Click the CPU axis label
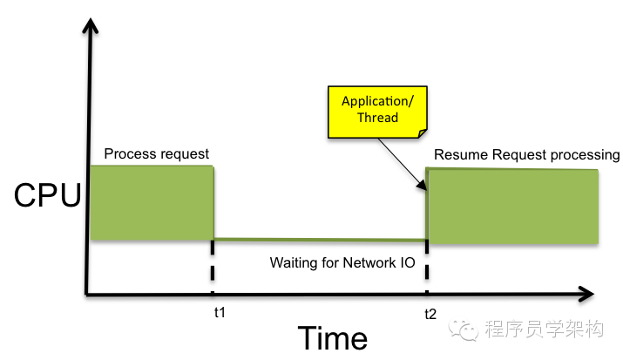[45, 196]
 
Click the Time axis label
[332, 336]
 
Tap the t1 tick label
[219, 312]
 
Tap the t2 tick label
[430, 313]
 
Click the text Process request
[157, 154]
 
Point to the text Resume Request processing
[526, 155]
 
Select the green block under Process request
[152, 202]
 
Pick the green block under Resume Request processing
[512, 207]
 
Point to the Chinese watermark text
[544, 329]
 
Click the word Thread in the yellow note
[376, 118]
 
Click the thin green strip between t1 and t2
[320, 238]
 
